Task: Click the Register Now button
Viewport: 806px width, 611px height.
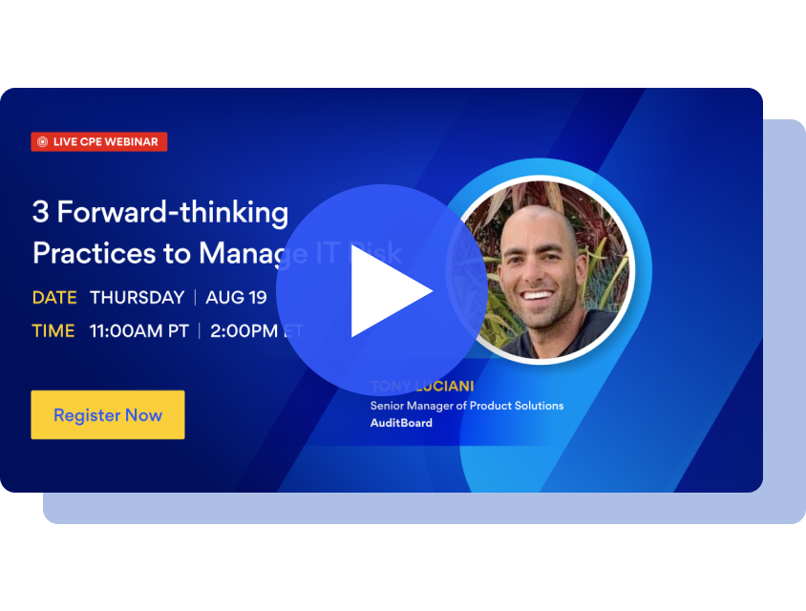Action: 108,415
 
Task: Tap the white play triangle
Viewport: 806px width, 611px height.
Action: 388,291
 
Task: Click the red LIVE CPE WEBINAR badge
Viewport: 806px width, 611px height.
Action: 99,141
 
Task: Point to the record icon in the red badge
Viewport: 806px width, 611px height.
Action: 42,142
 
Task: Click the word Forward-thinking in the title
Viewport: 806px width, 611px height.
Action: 173,212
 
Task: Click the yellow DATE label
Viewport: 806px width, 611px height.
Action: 54,298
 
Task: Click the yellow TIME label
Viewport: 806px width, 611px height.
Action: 53,331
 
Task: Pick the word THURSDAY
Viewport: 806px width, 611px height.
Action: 137,298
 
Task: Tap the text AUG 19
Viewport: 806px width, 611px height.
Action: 236,298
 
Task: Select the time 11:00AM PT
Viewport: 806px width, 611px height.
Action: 139,331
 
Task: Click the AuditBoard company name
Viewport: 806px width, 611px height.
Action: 401,423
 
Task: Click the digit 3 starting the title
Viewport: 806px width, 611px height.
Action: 40,212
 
